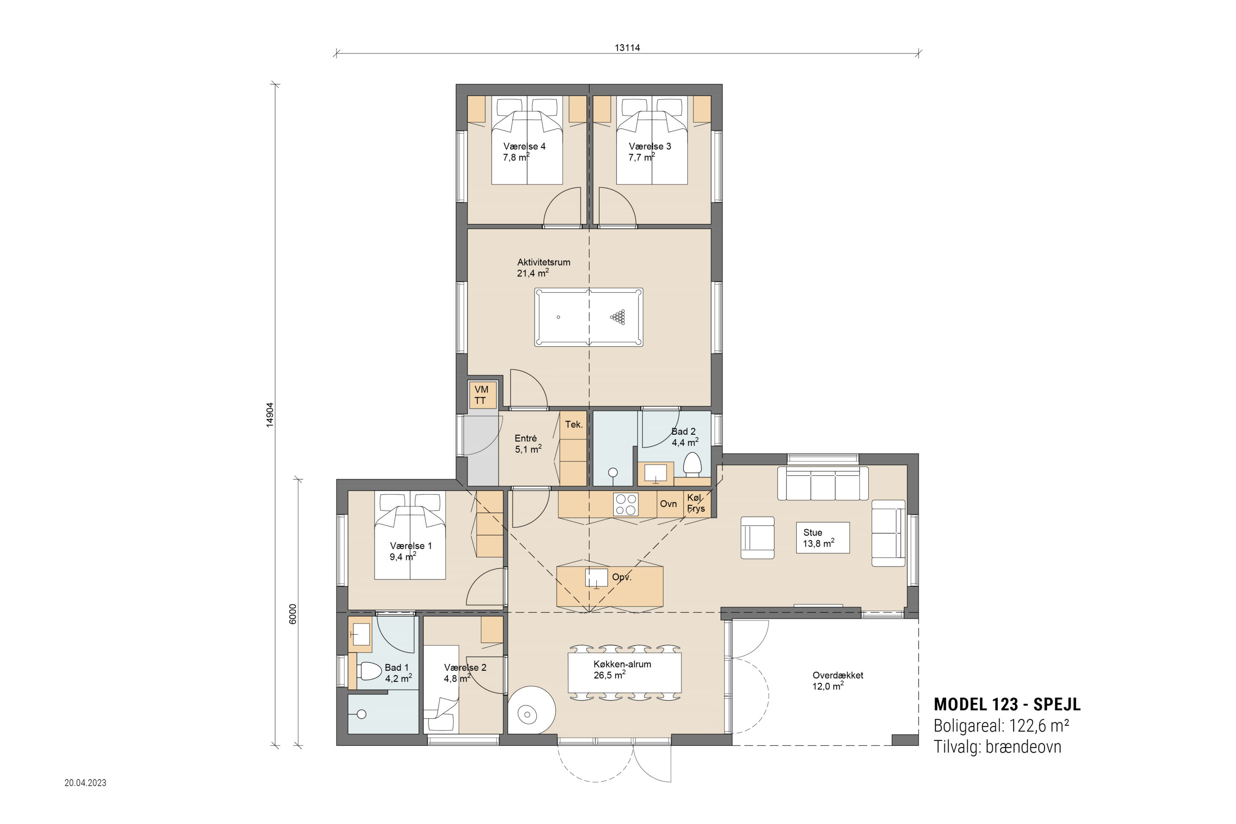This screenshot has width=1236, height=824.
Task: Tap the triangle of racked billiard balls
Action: tap(618, 317)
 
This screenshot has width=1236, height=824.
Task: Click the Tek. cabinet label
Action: tap(574, 424)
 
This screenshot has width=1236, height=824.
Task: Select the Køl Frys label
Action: tap(695, 503)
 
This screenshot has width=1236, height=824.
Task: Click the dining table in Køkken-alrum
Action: tap(624, 673)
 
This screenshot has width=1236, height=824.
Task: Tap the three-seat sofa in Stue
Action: tap(823, 482)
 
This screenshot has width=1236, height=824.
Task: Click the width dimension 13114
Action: tap(627, 48)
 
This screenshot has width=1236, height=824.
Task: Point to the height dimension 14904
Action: tap(270, 415)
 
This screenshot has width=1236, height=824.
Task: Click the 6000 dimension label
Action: tap(293, 614)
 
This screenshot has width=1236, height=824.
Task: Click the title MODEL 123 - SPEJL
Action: tap(1007, 704)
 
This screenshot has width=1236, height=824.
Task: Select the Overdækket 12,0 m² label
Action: tap(838, 681)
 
